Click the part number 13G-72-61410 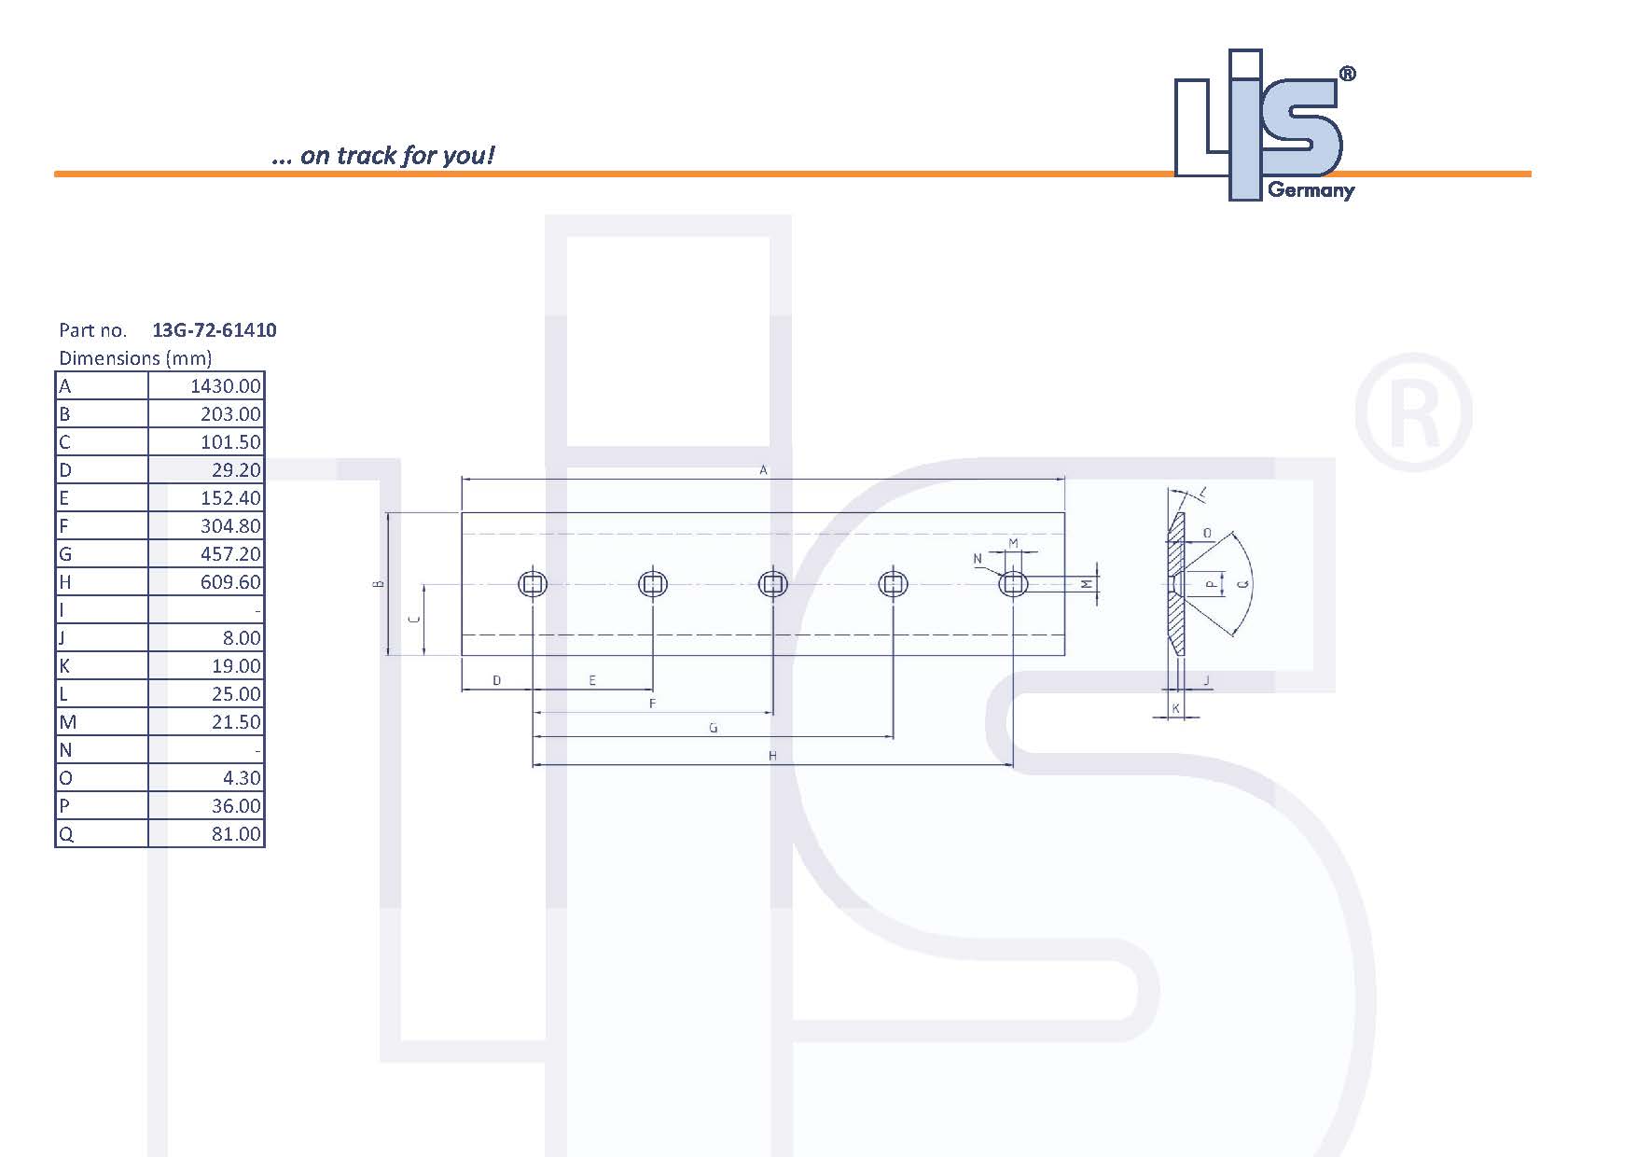coord(214,330)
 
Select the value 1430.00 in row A coord(225,386)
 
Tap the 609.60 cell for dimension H coord(230,582)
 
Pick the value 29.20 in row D coord(235,470)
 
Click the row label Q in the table coord(65,834)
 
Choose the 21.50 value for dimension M coord(235,722)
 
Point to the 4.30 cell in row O coord(241,778)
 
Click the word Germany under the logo coord(1311,190)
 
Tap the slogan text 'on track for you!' coord(396,155)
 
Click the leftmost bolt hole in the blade coord(533,585)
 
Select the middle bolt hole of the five coord(773,585)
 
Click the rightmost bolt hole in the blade coord(1013,585)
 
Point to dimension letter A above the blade coord(763,470)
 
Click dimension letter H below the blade coord(772,756)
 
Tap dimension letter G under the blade coord(714,728)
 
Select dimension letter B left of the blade coord(378,584)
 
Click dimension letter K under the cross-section coord(1175,709)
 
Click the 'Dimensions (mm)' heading coord(135,358)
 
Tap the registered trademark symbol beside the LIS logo coord(1347,75)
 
